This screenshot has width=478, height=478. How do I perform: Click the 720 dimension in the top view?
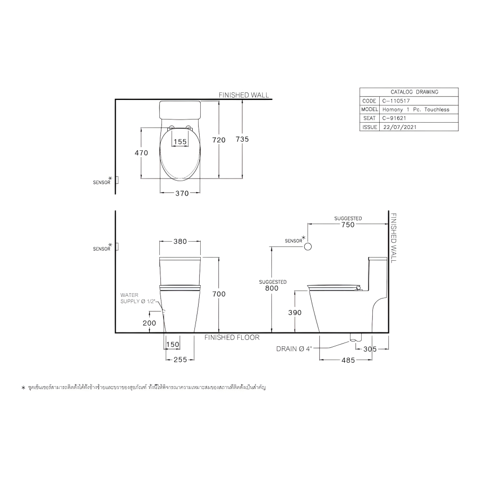[x=219, y=140]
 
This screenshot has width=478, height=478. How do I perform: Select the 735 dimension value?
[x=242, y=139]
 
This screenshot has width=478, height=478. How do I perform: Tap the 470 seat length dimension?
[x=141, y=153]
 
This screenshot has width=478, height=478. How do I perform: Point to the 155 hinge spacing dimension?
[x=180, y=142]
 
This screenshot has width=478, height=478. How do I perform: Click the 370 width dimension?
[x=182, y=193]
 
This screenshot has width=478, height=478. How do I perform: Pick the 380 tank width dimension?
[x=180, y=242]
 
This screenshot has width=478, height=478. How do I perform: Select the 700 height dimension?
[x=219, y=294]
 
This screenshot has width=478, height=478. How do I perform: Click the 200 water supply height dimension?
[x=149, y=323]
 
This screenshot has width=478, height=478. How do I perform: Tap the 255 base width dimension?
[x=180, y=360]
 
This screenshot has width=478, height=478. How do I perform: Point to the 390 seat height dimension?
[x=295, y=312]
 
